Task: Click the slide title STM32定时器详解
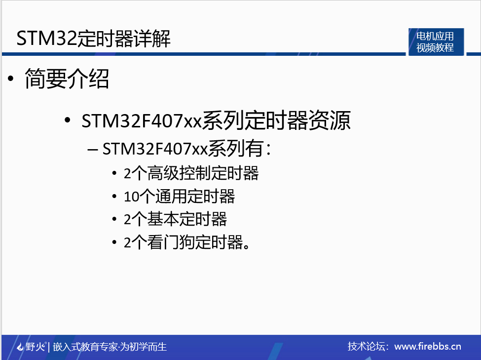(x=94, y=39)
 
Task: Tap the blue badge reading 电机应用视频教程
(x=435, y=42)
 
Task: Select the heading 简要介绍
(x=67, y=79)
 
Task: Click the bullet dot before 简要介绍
(x=10, y=79)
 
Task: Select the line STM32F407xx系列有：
(x=187, y=148)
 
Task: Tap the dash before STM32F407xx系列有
(x=93, y=149)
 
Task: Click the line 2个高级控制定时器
(x=191, y=173)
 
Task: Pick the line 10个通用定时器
(x=180, y=197)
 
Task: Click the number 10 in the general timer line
(x=129, y=197)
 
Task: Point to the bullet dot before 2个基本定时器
(x=114, y=219)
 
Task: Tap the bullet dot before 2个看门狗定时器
(x=114, y=242)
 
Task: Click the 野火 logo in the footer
(x=31, y=347)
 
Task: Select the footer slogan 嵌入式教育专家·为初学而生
(x=110, y=347)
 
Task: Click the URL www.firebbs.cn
(x=428, y=346)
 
